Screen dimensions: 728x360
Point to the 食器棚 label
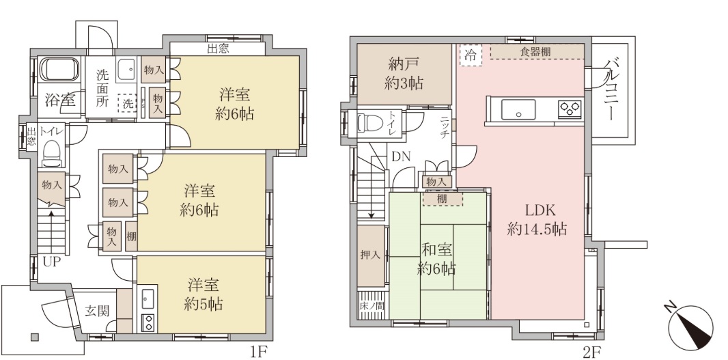[535, 51]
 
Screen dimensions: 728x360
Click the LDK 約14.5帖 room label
[537, 219]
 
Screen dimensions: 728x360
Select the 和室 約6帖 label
[436, 259]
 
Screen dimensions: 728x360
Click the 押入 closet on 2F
[371, 255]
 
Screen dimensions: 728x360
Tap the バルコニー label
[610, 90]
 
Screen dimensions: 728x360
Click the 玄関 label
[97, 311]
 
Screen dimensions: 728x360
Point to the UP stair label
[51, 262]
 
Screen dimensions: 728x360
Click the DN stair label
[401, 157]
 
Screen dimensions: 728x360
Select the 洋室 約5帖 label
[204, 294]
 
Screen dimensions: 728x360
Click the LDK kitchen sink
[518, 109]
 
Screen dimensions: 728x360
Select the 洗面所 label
[102, 88]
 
